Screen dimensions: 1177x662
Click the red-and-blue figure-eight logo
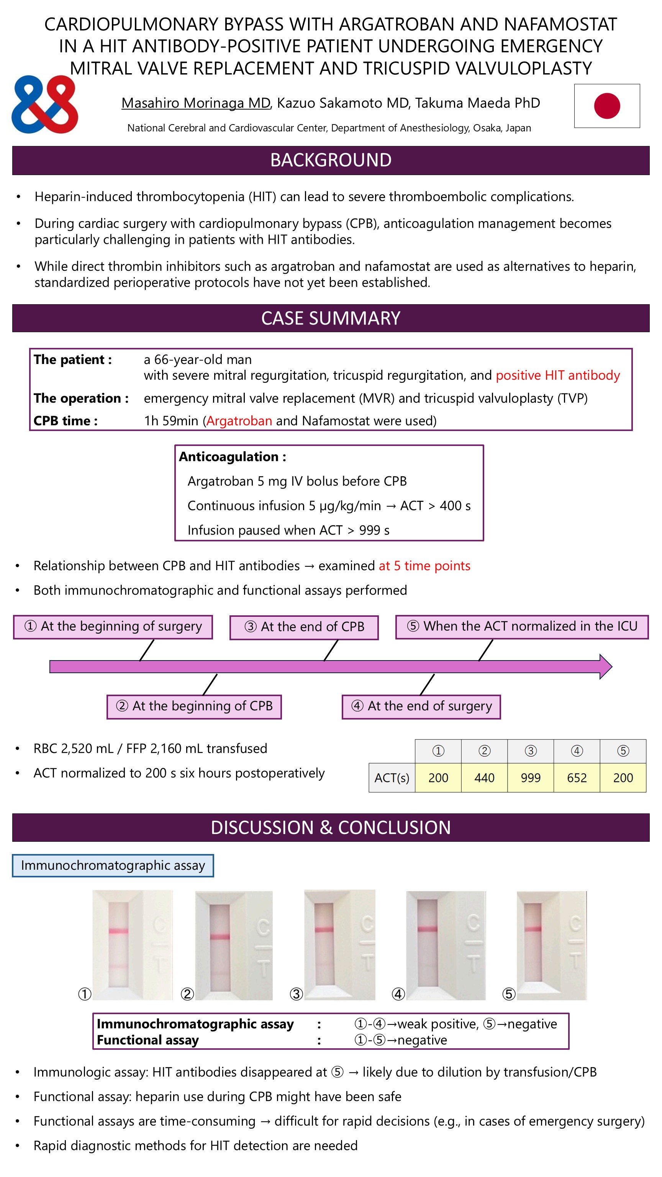45,104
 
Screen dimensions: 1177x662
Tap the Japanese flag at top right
606,105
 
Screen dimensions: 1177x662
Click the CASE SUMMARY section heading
331,318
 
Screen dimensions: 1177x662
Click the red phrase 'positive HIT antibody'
557,375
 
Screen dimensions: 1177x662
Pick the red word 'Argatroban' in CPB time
239,421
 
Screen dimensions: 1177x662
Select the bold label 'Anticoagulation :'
233,457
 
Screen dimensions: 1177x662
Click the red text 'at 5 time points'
424,566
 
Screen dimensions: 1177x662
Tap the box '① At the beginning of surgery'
113,627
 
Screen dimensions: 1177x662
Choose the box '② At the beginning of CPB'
194,707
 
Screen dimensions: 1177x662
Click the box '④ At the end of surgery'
421,707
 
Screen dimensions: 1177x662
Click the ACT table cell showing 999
531,778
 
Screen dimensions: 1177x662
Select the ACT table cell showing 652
577,778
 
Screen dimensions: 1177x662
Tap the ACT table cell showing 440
484,778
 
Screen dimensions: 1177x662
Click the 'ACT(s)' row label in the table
392,778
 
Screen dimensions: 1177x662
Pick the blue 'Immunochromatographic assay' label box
113,866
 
